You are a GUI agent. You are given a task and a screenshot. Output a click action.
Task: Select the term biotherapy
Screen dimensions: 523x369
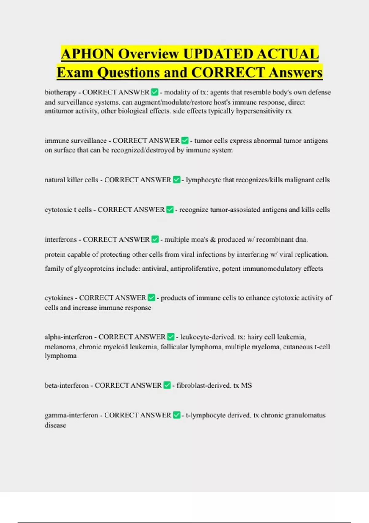[60, 92]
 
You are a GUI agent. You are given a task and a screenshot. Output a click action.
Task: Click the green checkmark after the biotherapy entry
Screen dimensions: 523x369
[155, 92]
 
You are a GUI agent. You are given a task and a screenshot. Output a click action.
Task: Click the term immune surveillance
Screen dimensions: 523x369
[75, 141]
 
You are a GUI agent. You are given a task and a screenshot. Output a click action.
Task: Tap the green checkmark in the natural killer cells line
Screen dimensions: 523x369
[177, 180]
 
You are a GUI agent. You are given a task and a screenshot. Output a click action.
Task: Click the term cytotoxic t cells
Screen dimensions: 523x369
[68, 210]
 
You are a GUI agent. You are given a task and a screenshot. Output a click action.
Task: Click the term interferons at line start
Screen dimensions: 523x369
[61, 239]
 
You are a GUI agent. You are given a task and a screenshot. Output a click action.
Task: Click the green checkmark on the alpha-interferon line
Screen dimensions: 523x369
[171, 337]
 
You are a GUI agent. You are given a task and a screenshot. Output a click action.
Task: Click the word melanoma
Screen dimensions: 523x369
[60, 347]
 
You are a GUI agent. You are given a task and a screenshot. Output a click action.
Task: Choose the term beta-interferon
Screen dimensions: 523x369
[66, 385]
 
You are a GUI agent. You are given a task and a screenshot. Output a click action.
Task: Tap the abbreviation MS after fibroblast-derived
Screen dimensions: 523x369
[246, 385]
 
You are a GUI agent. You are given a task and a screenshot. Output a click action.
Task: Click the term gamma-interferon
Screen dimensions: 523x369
[71, 415]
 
